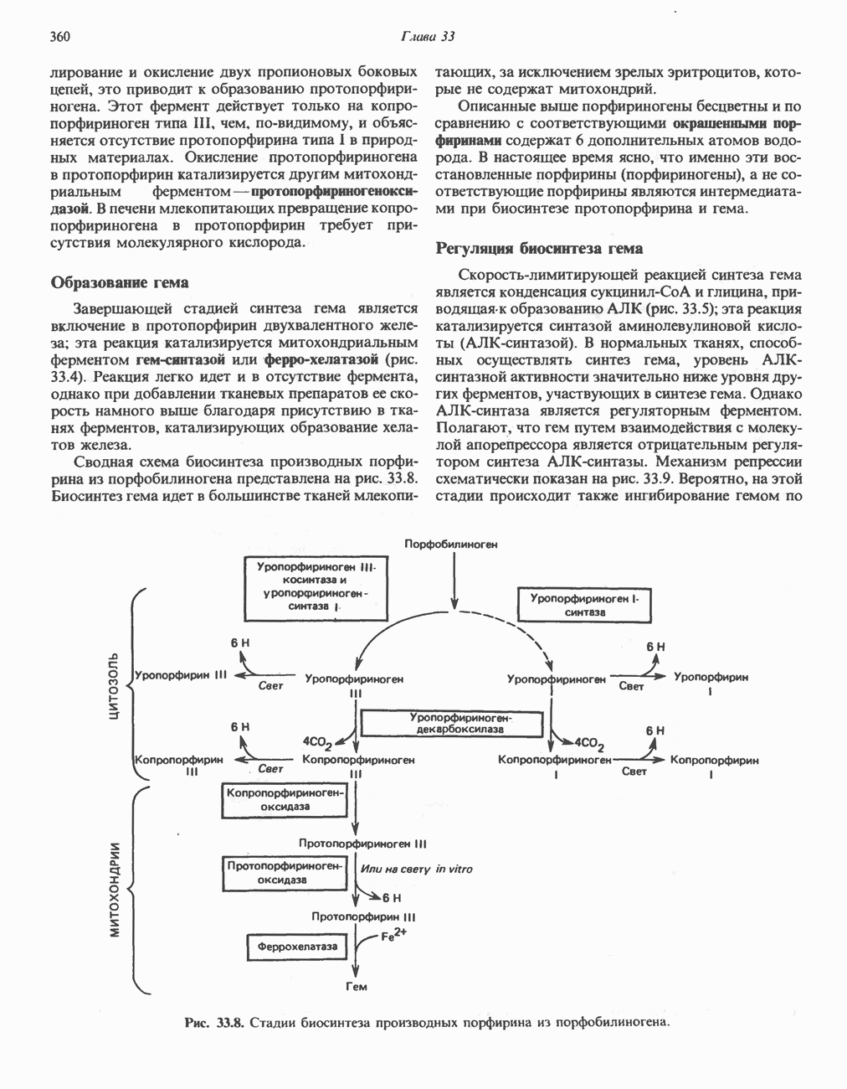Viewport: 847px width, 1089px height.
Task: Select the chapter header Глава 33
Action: click(427, 37)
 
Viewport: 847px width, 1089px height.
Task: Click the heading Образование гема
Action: click(120, 282)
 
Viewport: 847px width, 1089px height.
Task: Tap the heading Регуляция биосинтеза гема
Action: click(540, 248)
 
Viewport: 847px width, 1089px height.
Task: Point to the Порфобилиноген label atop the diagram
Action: click(451, 544)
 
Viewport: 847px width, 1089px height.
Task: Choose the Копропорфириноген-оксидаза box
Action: click(284, 799)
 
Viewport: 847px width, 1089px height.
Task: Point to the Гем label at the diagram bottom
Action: click(356, 987)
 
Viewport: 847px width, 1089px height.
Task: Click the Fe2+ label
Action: click(393, 936)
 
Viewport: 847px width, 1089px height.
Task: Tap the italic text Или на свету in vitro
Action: click(416, 870)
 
